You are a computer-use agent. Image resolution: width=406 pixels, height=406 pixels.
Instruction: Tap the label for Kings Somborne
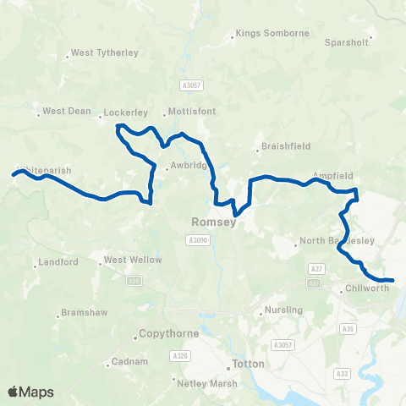273,34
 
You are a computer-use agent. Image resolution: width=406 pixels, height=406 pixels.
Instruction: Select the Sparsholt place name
346,41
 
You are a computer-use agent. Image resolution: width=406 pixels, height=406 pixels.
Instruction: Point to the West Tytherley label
104,52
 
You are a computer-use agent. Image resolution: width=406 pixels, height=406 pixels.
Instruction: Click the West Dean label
66,111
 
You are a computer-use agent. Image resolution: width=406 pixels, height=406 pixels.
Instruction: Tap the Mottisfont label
192,111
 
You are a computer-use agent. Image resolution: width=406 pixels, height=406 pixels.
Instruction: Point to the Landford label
58,262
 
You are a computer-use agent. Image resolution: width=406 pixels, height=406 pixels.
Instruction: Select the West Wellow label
132,260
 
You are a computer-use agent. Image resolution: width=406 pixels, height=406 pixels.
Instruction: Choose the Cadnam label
129,363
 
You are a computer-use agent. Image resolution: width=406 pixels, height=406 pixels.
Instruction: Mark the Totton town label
250,365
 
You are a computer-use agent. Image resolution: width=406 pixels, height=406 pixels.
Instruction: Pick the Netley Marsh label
206,382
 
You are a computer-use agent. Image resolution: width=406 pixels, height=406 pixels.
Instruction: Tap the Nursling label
283,310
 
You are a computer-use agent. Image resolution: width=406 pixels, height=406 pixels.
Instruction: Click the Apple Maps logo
31,392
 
